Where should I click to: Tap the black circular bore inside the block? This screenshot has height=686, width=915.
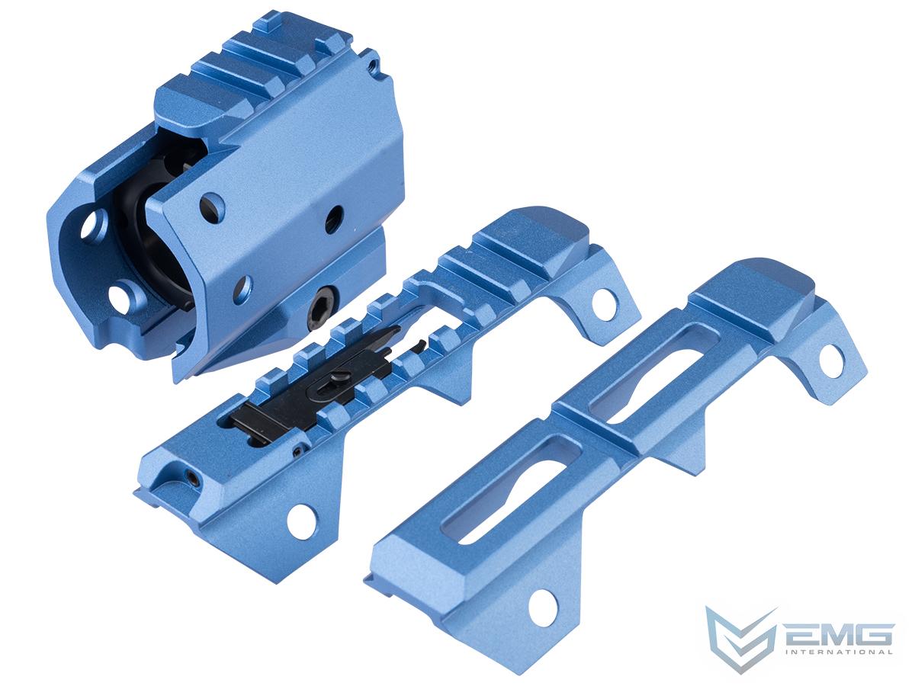(x=164, y=252)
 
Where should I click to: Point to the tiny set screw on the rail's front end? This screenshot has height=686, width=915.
(x=191, y=478)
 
